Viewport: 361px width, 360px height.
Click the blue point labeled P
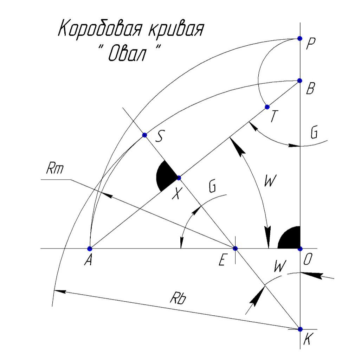(x=299, y=38)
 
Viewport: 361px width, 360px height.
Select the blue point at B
(x=300, y=81)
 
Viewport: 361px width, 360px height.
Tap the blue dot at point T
(x=267, y=107)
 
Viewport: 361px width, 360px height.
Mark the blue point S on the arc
(x=144, y=135)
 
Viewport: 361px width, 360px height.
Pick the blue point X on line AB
(x=179, y=178)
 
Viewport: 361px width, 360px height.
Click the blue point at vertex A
(x=90, y=249)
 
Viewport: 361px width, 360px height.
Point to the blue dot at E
(x=235, y=249)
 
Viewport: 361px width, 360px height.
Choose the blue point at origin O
(x=300, y=249)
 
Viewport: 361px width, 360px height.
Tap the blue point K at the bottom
(x=300, y=329)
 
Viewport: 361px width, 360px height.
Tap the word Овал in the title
(x=129, y=54)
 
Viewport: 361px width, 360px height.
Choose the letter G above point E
(x=212, y=188)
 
